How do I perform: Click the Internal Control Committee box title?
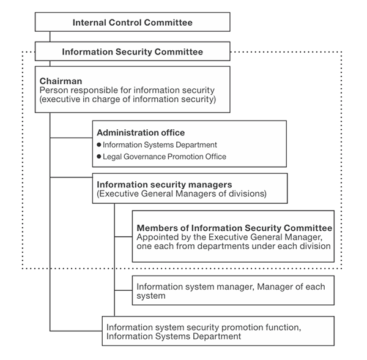tap(133, 23)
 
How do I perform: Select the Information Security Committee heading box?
tap(133, 51)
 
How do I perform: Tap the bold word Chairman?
tap(61, 81)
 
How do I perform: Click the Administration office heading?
tap(141, 133)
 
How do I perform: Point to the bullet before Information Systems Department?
tap(99, 144)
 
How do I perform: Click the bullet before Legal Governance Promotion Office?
tap(99, 156)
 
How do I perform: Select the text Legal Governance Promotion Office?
tap(165, 157)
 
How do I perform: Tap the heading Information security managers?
tap(165, 184)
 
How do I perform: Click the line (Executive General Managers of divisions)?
tap(182, 193)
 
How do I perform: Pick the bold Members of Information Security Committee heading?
tap(234, 228)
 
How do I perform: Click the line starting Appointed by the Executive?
tap(229, 237)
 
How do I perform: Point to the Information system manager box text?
tap(231, 291)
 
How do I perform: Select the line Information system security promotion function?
tap(204, 327)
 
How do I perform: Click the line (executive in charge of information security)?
tap(128, 99)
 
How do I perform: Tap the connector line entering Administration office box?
tap(71, 138)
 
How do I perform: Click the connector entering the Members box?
tap(124, 237)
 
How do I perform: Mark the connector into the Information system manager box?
tap(124, 290)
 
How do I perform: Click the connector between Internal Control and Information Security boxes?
tap(50, 37)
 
